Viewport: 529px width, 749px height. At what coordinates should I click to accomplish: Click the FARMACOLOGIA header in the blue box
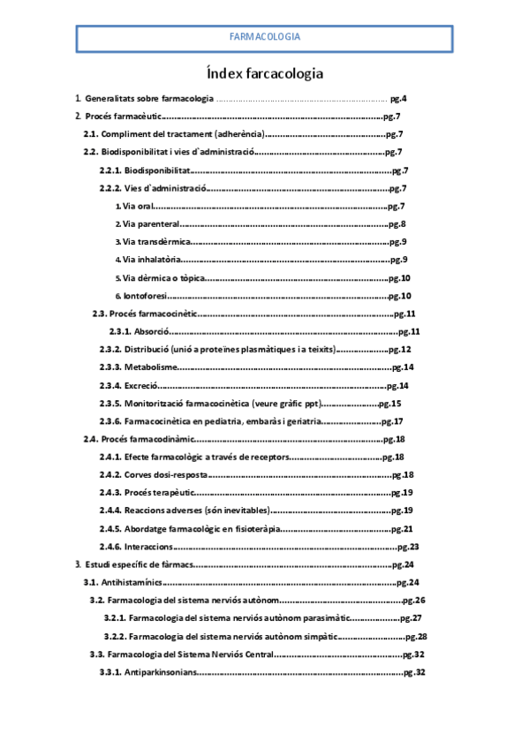point(264,37)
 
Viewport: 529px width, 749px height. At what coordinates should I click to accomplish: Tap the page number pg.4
point(397,98)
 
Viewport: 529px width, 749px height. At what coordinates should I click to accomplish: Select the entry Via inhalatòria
point(152,260)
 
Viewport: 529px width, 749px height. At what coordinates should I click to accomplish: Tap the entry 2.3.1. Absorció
point(139,331)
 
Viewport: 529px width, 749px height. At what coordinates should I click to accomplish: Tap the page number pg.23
point(407,547)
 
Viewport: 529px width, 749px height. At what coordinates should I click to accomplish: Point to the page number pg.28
point(415,637)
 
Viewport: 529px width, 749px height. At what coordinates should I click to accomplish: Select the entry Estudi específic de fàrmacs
point(137,564)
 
